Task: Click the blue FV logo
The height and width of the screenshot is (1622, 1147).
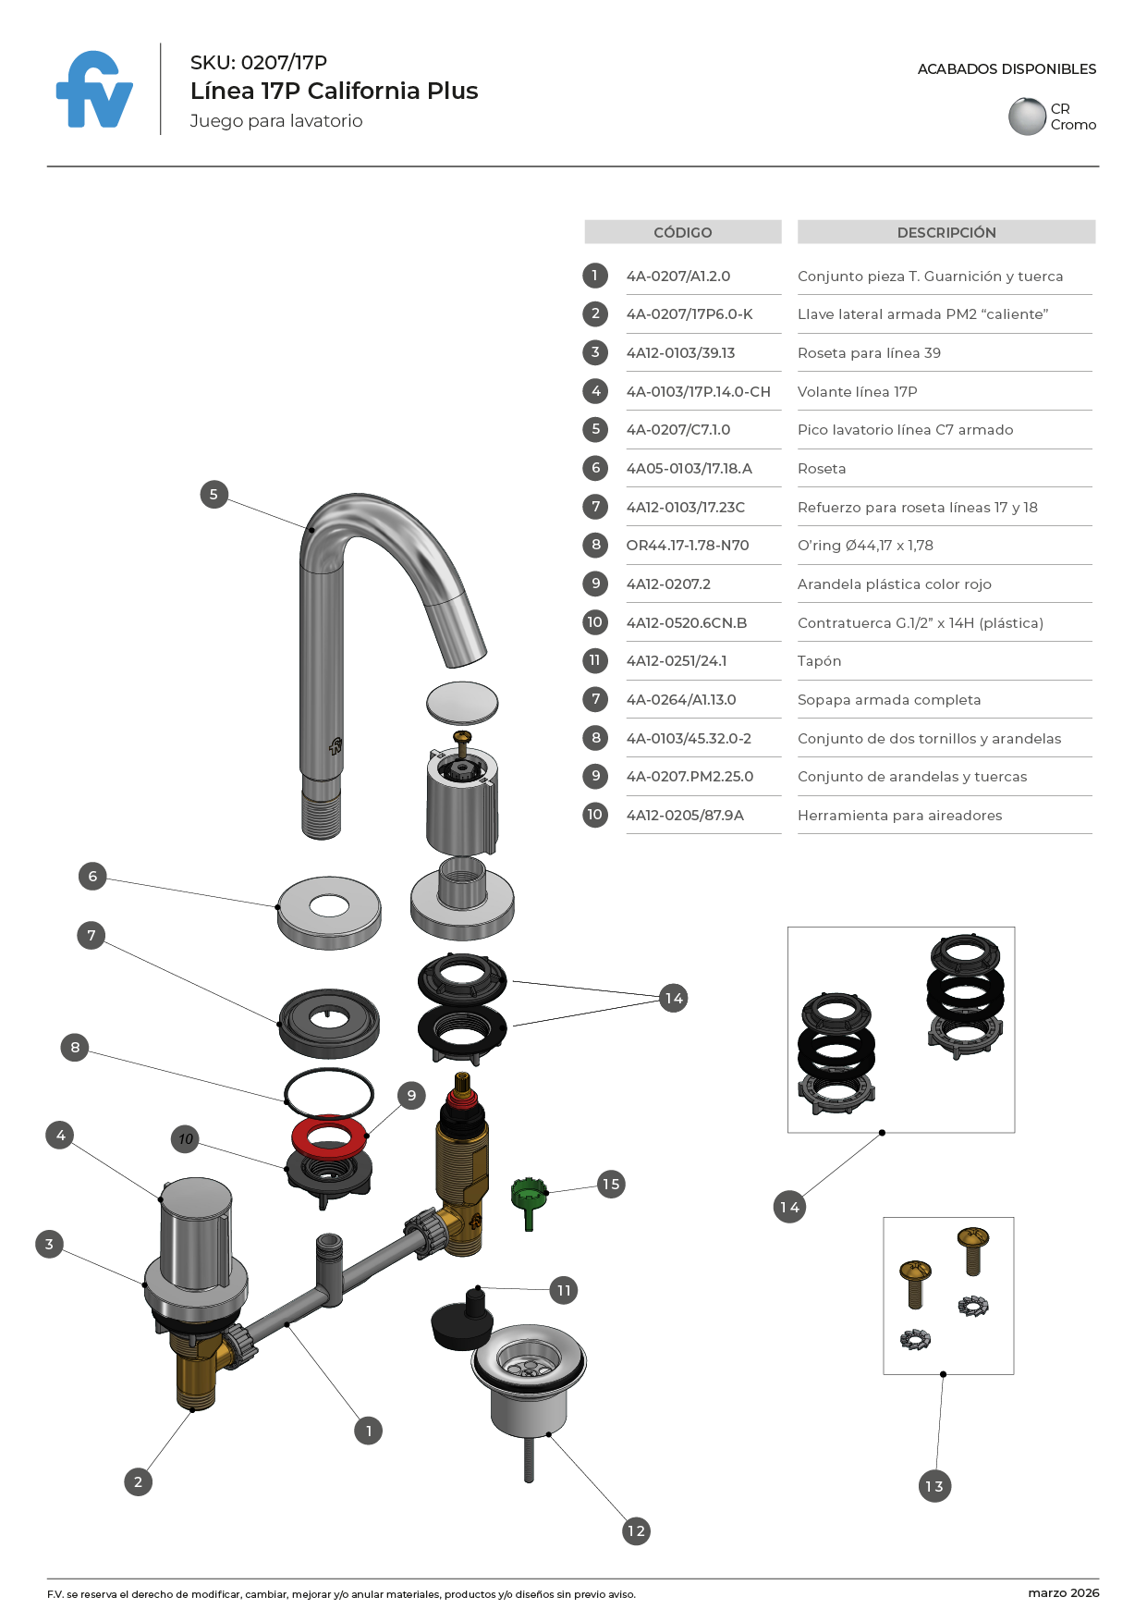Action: pyautogui.click(x=94, y=91)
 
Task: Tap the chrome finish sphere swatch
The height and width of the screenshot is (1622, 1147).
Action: pyautogui.click(x=1027, y=117)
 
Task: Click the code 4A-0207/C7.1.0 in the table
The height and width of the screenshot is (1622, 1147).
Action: pyautogui.click(x=678, y=430)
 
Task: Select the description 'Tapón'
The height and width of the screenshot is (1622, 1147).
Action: pyautogui.click(x=819, y=661)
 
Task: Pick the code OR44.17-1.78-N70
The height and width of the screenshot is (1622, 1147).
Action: pyautogui.click(x=688, y=546)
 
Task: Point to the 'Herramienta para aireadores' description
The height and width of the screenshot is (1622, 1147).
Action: pyautogui.click(x=899, y=816)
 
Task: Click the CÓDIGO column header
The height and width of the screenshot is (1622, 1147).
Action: pyautogui.click(x=682, y=232)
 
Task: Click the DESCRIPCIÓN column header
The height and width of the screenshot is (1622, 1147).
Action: pyautogui.click(x=946, y=232)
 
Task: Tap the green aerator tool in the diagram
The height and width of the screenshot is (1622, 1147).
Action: pyautogui.click(x=529, y=1199)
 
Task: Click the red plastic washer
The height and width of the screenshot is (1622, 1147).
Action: pyautogui.click(x=329, y=1135)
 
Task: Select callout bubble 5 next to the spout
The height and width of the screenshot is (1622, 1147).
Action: pyautogui.click(x=214, y=494)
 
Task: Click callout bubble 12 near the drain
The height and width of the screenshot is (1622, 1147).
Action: pyautogui.click(x=636, y=1530)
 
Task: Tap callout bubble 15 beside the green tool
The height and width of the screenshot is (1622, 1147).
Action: pyautogui.click(x=611, y=1184)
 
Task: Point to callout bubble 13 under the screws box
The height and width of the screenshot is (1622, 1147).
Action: pyautogui.click(x=934, y=1486)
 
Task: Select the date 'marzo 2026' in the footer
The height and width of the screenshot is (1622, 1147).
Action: pyautogui.click(x=1063, y=1592)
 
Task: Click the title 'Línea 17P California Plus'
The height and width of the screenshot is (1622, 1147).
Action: pyautogui.click(x=334, y=91)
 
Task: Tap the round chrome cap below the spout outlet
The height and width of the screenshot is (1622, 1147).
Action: pyautogui.click(x=462, y=703)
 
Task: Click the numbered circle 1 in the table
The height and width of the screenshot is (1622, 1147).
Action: pyautogui.click(x=595, y=276)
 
